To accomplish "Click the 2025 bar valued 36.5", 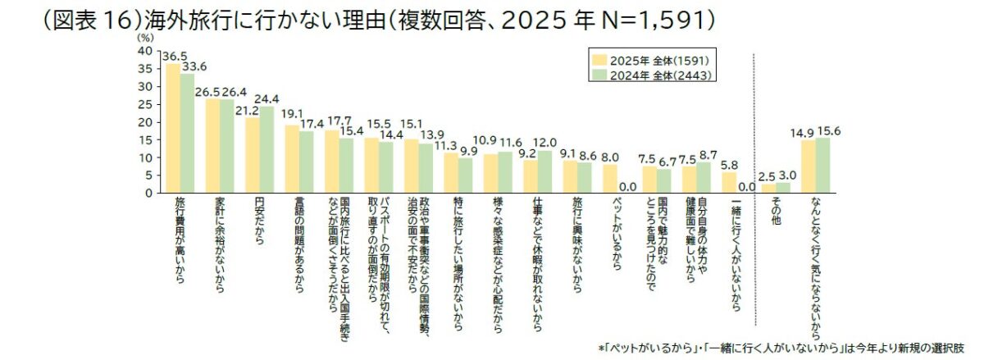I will (x=173, y=128).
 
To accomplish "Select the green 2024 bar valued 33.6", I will (x=187, y=133).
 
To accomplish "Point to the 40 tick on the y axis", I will (x=144, y=51).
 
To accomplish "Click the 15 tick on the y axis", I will (x=145, y=139).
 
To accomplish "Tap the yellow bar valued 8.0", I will (x=609, y=179).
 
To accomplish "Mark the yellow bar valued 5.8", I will (x=729, y=183).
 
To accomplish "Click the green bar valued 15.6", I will (x=822, y=166).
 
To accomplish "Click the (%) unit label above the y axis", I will (x=144, y=37).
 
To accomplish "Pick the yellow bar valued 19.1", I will (x=292, y=159).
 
